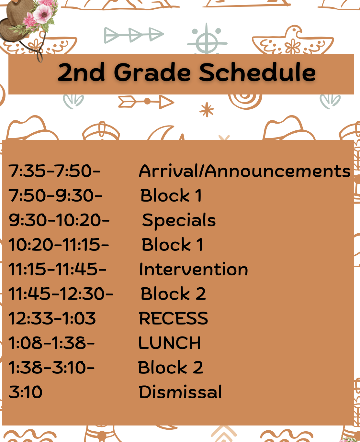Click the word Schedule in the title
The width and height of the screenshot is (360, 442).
point(257,72)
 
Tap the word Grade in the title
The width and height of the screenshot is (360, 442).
point(152,72)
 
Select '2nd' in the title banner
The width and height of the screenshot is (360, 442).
point(81,72)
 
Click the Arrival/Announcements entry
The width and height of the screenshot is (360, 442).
point(245,171)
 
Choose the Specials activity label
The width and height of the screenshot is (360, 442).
point(179,220)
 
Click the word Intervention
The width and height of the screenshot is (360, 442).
point(194,269)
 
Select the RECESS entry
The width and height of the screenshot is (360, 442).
point(173,318)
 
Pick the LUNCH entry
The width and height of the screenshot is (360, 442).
point(169,343)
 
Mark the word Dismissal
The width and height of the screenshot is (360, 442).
point(180,392)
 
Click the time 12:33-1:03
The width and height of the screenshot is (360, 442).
point(52,318)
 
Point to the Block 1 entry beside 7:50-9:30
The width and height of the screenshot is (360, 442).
point(171,195)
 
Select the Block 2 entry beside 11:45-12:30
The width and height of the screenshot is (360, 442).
point(173,293)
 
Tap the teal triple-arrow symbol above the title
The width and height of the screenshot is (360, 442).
point(134,35)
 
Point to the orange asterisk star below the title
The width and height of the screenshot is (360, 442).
point(207,110)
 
